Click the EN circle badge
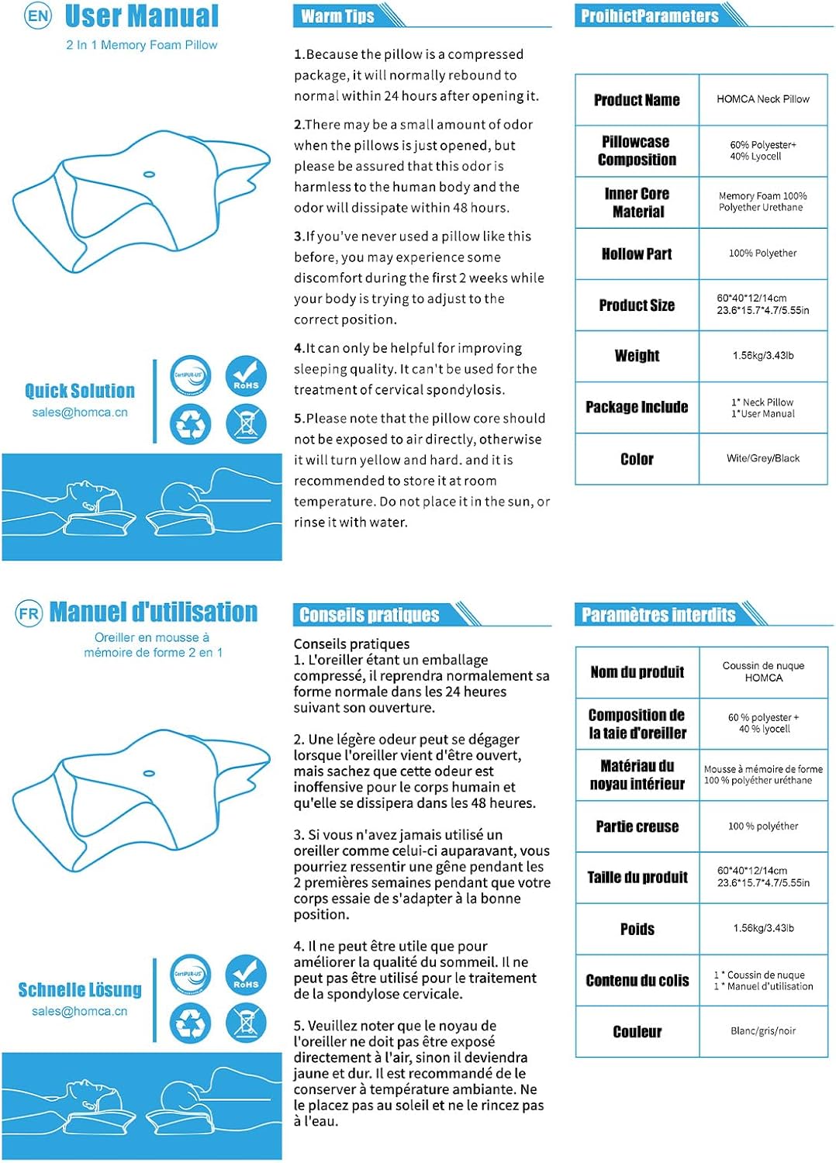[x=38, y=16]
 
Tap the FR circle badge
[x=29, y=614]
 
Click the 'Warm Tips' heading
[x=337, y=16]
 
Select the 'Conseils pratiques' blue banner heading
[x=369, y=615]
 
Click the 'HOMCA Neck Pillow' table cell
[x=762, y=99]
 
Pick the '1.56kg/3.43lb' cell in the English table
[x=762, y=356]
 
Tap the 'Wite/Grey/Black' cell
[x=762, y=458]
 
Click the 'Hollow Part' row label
[x=637, y=254]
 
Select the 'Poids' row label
[x=637, y=929]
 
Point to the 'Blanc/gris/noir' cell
[x=762, y=1031]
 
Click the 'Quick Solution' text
[x=80, y=391]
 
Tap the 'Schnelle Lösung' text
[x=80, y=990]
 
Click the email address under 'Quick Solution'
[x=80, y=412]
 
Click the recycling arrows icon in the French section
[x=191, y=1023]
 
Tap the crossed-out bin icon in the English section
[x=246, y=424]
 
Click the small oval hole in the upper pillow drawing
[x=150, y=174]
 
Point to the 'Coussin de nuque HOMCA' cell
[x=763, y=671]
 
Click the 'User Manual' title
[x=142, y=16]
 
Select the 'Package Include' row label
[x=637, y=407]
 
